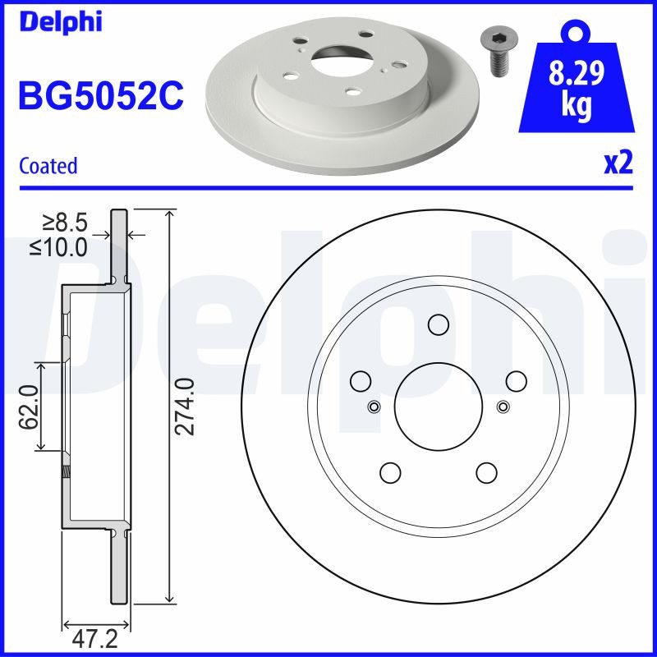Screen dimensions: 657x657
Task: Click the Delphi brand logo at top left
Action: pos(59,21)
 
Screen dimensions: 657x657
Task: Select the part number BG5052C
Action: pos(100,95)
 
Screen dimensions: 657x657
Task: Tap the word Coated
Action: pos(48,166)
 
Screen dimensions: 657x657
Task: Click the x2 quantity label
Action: pos(618,163)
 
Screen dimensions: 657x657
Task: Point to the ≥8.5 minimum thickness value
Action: pos(66,222)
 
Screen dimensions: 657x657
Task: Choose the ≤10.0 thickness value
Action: pos(59,246)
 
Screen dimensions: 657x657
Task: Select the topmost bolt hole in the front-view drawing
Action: pos(438,325)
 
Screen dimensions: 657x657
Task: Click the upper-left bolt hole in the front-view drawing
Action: pos(360,381)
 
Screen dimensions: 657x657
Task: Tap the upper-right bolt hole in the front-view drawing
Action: pos(516,381)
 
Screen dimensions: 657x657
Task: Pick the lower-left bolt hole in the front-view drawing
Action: pos(389,472)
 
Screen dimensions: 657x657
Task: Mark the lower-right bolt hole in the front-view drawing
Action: pos(486,472)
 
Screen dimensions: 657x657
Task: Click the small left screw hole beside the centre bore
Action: pos(374,406)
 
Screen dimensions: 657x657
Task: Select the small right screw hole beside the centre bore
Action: pos(503,406)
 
